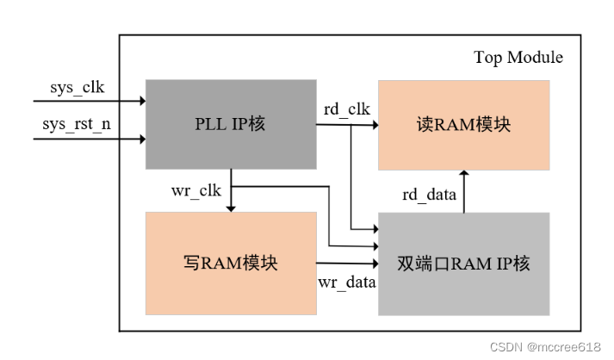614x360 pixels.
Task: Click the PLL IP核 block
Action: [230, 124]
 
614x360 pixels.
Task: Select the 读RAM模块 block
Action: [463, 124]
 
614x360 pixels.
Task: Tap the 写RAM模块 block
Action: [230, 263]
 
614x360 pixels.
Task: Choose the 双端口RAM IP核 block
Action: [463, 263]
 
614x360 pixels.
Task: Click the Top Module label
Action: [518, 58]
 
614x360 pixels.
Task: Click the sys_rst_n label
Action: [76, 124]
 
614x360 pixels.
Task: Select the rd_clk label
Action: [346, 109]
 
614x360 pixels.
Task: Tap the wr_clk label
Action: [196, 189]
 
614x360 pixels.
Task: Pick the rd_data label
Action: [429, 195]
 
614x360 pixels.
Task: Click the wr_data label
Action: [347, 282]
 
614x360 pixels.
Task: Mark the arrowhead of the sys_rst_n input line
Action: [140, 137]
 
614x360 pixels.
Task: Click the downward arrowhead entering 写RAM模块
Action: [230, 208]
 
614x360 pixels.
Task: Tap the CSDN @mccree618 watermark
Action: [545, 346]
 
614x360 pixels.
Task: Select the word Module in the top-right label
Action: [536, 58]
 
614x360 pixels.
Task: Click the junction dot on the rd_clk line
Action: [351, 125]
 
